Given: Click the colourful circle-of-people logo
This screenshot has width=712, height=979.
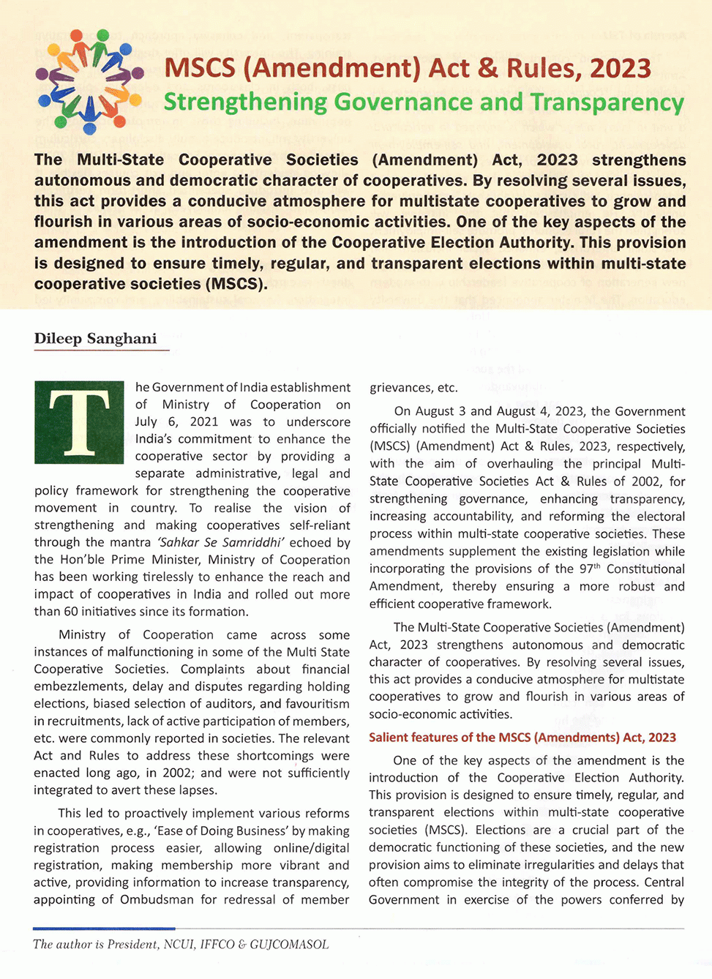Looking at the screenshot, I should (x=90, y=81).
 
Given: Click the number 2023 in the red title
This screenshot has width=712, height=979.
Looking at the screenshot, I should (x=620, y=69).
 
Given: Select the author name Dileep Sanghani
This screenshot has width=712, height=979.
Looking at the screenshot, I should (x=95, y=339).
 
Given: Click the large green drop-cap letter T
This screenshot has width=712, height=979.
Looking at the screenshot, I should (x=79, y=421).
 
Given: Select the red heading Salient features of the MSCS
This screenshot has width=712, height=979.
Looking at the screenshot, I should (x=522, y=738).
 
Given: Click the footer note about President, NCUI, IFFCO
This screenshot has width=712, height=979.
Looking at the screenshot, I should (x=181, y=945).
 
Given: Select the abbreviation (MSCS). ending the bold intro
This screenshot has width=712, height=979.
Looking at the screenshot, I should (x=236, y=284).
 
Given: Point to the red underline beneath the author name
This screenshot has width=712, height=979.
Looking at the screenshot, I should (x=101, y=350).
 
